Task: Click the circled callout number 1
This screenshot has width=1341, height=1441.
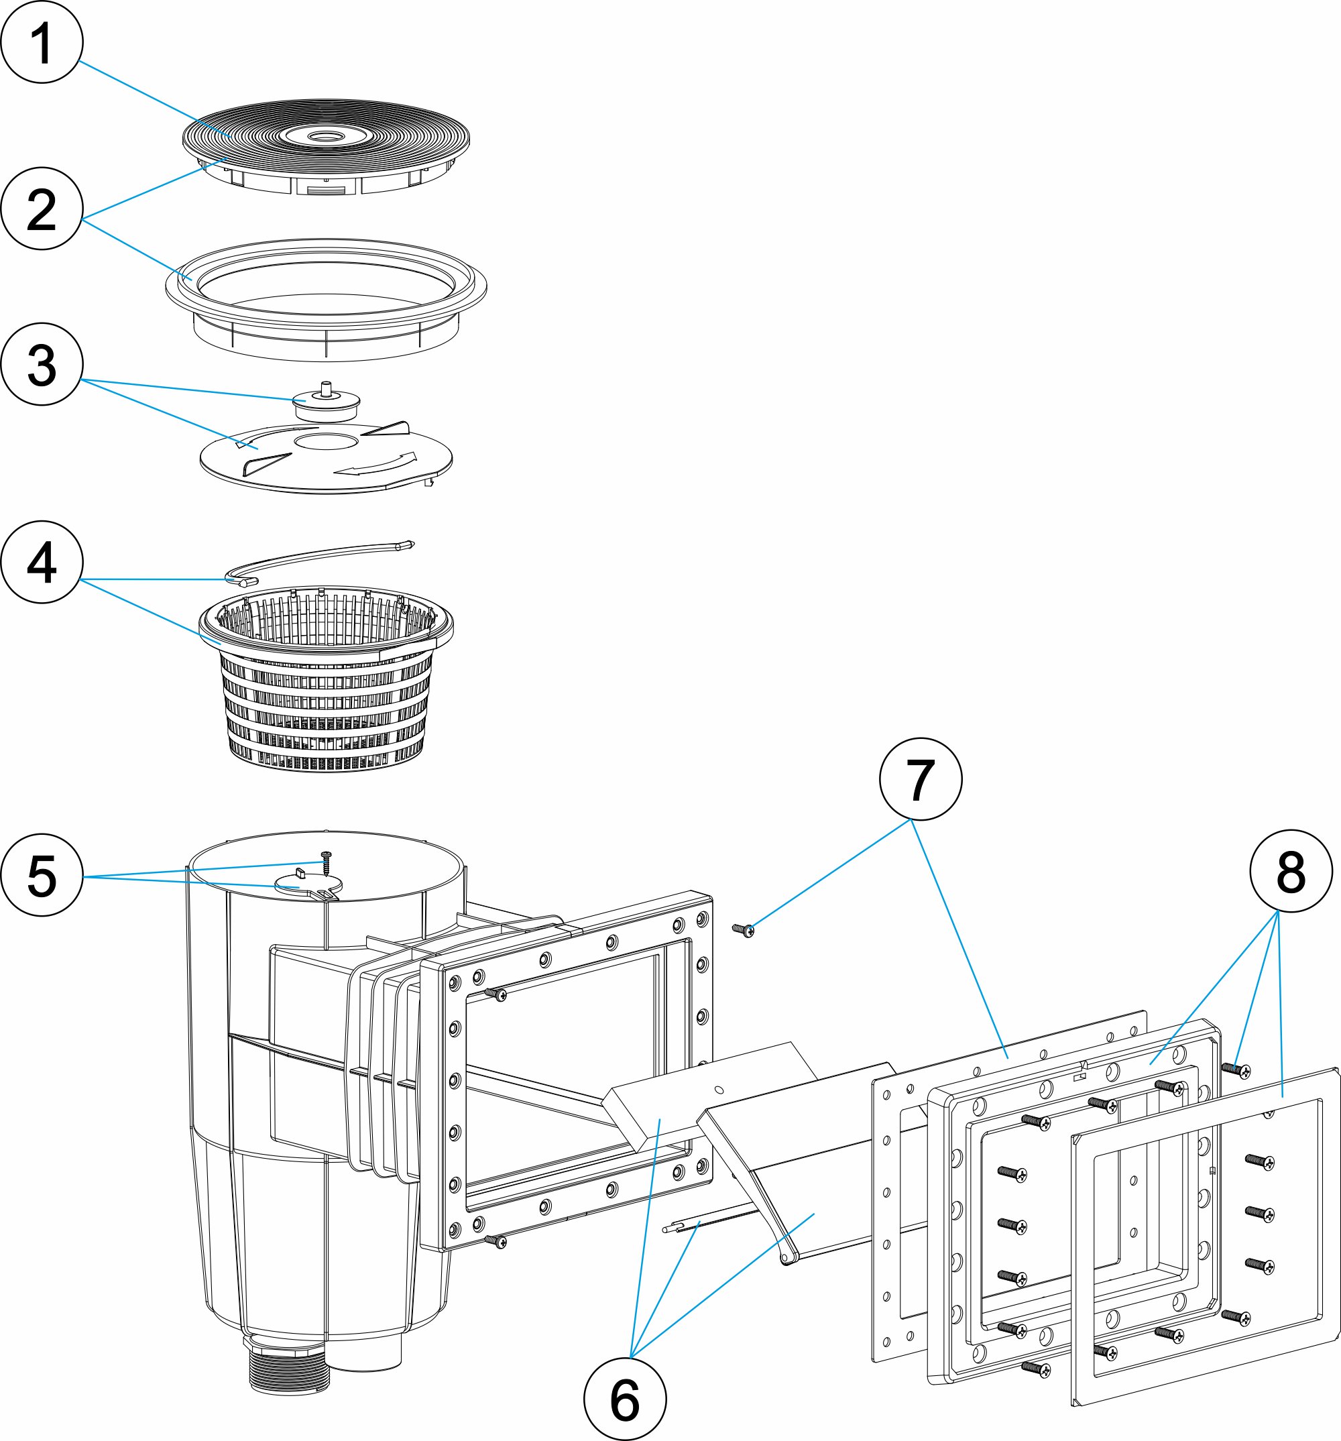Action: [42, 42]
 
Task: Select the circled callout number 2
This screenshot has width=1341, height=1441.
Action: [42, 209]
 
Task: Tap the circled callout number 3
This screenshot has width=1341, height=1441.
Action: [42, 364]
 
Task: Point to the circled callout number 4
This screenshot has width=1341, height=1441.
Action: [42, 562]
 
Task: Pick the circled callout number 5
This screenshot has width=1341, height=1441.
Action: [42, 875]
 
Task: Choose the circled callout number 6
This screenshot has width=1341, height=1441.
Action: [625, 1399]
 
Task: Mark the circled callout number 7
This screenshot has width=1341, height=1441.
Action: [920, 779]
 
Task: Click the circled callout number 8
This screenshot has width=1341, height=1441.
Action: [1291, 871]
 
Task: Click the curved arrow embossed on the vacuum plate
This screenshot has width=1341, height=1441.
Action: [377, 464]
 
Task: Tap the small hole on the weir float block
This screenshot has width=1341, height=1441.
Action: [718, 1090]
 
